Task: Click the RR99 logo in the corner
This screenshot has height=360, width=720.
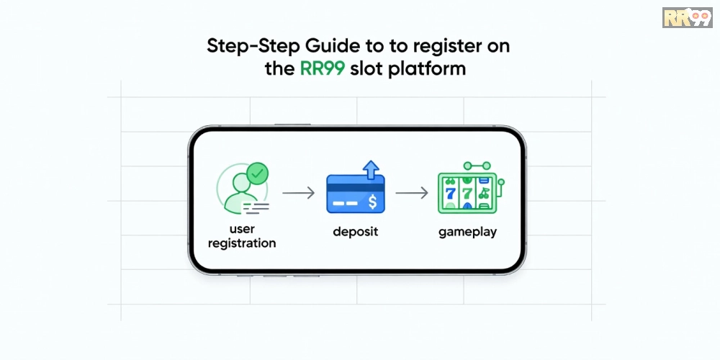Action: pyautogui.click(x=688, y=17)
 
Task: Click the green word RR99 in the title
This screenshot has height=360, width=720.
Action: pyautogui.click(x=322, y=69)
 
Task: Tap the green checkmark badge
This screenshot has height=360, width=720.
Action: pyautogui.click(x=257, y=173)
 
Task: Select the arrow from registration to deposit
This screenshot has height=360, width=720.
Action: pyautogui.click(x=299, y=193)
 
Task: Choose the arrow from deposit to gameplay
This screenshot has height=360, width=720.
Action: pyautogui.click(x=412, y=193)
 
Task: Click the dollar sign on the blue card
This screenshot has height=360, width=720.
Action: pyautogui.click(x=372, y=202)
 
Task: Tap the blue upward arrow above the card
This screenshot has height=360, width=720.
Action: pyautogui.click(x=371, y=169)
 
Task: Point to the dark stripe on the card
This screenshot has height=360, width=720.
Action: pyautogui.click(x=356, y=187)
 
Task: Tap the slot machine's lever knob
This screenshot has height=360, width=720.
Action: pyautogui.click(x=501, y=182)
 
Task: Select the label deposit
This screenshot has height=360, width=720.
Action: pyautogui.click(x=356, y=232)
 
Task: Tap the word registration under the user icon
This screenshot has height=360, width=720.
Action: pyautogui.click(x=242, y=243)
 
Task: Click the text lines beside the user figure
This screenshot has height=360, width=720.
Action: pyautogui.click(x=256, y=208)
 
